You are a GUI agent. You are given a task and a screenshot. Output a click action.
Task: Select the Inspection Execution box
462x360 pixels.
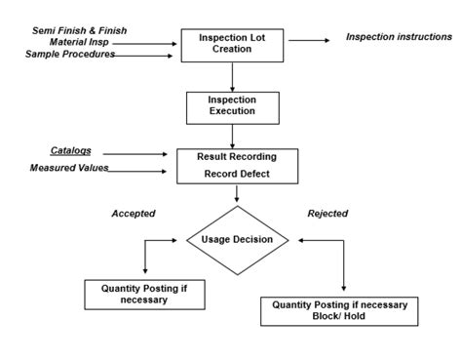click(232, 106)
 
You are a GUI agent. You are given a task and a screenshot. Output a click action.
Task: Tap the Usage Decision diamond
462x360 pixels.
click(237, 239)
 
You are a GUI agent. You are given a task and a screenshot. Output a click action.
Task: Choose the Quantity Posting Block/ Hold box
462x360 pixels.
click(340, 310)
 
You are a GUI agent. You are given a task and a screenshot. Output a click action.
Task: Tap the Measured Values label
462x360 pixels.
click(69, 169)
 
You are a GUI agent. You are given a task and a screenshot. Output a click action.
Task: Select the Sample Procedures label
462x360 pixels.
click(70, 54)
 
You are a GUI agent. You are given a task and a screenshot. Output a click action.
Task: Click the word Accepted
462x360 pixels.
click(133, 213)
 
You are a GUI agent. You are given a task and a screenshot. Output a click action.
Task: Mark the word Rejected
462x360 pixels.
click(327, 213)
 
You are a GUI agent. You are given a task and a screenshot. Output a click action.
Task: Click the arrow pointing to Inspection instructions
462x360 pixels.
click(309, 40)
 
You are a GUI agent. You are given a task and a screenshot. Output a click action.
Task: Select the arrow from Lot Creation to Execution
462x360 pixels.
click(232, 76)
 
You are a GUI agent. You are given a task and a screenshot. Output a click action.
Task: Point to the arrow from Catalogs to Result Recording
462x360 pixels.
click(137, 153)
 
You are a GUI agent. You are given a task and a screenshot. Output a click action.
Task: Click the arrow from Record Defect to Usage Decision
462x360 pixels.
click(237, 196)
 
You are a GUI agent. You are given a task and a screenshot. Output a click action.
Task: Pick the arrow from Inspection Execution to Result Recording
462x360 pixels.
click(232, 136)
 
